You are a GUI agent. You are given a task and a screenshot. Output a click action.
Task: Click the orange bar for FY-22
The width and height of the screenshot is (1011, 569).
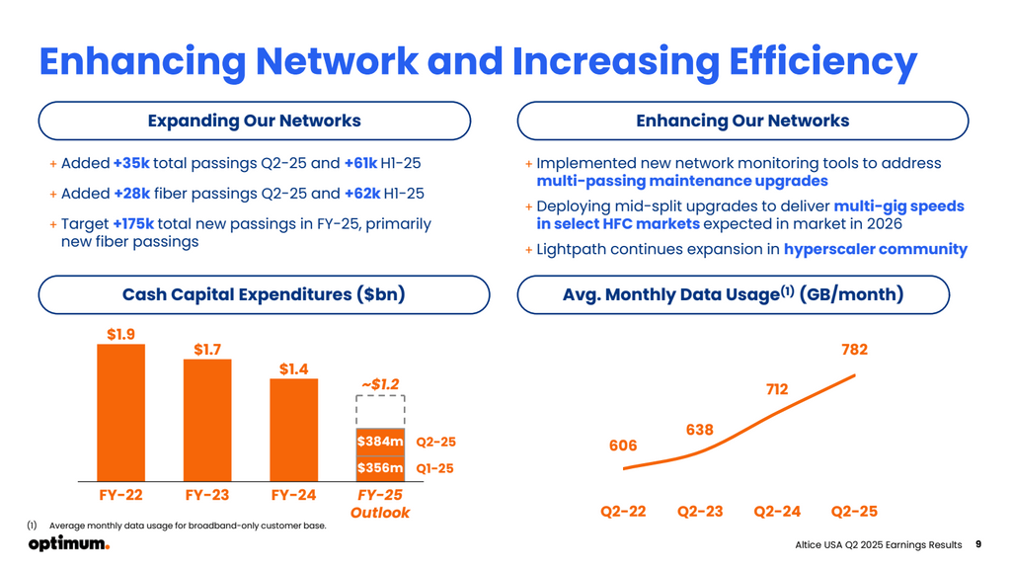click(x=120, y=410)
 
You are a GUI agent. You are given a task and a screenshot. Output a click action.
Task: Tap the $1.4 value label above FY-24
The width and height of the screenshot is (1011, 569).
click(x=293, y=369)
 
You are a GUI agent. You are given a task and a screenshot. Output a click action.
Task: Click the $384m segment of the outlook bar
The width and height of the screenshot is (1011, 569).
click(x=380, y=443)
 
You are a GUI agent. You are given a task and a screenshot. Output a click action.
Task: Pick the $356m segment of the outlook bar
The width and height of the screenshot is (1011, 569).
click(x=380, y=468)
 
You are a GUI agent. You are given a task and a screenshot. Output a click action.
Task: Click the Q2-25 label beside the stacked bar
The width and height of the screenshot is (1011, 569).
click(x=436, y=443)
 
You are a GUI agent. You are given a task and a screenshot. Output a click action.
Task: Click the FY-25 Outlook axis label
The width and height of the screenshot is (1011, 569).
click(x=380, y=504)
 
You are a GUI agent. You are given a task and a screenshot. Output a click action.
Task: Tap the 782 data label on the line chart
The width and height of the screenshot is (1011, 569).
click(x=854, y=350)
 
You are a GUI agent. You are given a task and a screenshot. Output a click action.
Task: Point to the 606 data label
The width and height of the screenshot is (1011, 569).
click(x=623, y=446)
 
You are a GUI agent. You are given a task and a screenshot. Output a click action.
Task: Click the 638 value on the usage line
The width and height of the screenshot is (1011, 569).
click(x=699, y=430)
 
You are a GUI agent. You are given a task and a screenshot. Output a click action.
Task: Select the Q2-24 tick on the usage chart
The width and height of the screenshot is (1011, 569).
click(x=777, y=512)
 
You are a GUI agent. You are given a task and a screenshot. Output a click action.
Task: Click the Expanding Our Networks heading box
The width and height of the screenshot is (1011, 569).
click(x=254, y=121)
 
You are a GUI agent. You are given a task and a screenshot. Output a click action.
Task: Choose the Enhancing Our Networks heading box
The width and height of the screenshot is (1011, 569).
click(x=742, y=121)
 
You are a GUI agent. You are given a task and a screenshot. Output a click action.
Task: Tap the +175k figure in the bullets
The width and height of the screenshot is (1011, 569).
click(x=133, y=224)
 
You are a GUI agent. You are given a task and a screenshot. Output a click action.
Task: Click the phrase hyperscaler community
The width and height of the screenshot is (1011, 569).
click(x=875, y=249)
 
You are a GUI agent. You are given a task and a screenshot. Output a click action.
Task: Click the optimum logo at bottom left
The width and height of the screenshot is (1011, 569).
click(x=68, y=544)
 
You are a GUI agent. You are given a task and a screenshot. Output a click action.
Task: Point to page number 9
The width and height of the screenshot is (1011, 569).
click(x=977, y=543)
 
